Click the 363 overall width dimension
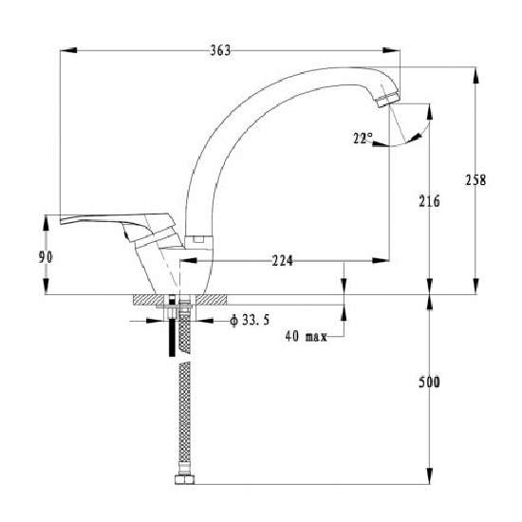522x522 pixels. [x=220, y=50]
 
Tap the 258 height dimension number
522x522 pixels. [x=475, y=180]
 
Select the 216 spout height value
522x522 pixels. [x=429, y=201]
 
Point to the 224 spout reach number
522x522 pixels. [x=283, y=261]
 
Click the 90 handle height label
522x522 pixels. [x=46, y=257]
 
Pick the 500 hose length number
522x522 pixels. [x=429, y=382]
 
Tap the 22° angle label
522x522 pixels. [x=364, y=139]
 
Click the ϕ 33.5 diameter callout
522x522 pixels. [x=250, y=321]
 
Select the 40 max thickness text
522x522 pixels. [x=307, y=337]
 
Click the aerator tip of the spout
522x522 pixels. [x=388, y=100]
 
